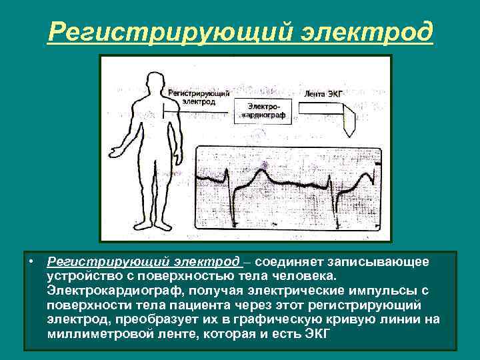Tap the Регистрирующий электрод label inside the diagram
tap(199, 98)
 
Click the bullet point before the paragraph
tap(31, 262)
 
